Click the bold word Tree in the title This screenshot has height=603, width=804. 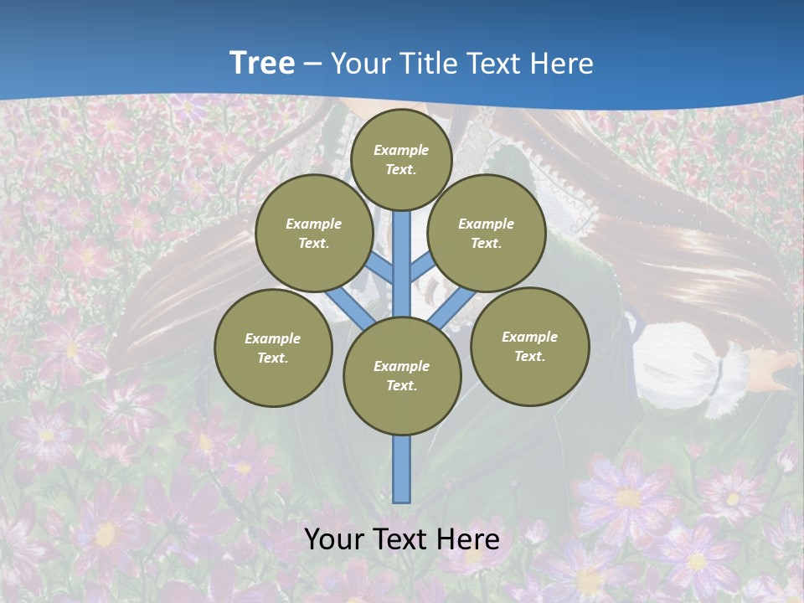(x=262, y=63)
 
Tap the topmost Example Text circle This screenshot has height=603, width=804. (x=401, y=159)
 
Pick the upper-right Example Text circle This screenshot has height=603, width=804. (x=487, y=233)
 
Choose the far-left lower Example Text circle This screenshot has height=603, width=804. (x=273, y=348)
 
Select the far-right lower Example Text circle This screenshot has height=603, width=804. (x=530, y=346)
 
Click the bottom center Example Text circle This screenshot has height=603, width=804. (x=402, y=375)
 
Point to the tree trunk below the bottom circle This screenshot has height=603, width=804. (x=402, y=469)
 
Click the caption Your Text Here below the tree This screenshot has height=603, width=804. (x=402, y=539)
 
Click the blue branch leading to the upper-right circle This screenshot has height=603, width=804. (x=422, y=266)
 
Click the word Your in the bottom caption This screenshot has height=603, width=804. (x=333, y=539)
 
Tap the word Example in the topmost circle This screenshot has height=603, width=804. (x=401, y=150)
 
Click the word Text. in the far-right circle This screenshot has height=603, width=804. (x=530, y=356)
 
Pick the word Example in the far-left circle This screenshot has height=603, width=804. (x=273, y=338)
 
